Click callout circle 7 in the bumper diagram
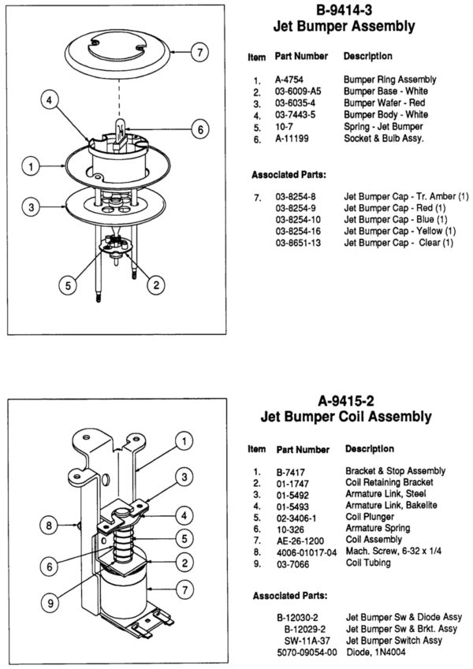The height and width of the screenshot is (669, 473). [199, 54]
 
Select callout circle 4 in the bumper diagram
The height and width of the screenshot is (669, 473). [49, 101]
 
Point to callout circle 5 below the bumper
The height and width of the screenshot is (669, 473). [69, 285]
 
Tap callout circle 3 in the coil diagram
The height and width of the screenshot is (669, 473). [181, 476]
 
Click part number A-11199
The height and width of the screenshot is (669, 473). [290, 139]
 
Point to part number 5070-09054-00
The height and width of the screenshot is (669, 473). [307, 652]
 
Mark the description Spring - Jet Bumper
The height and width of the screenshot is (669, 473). [383, 127]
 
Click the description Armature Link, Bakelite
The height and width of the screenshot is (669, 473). [391, 505]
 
